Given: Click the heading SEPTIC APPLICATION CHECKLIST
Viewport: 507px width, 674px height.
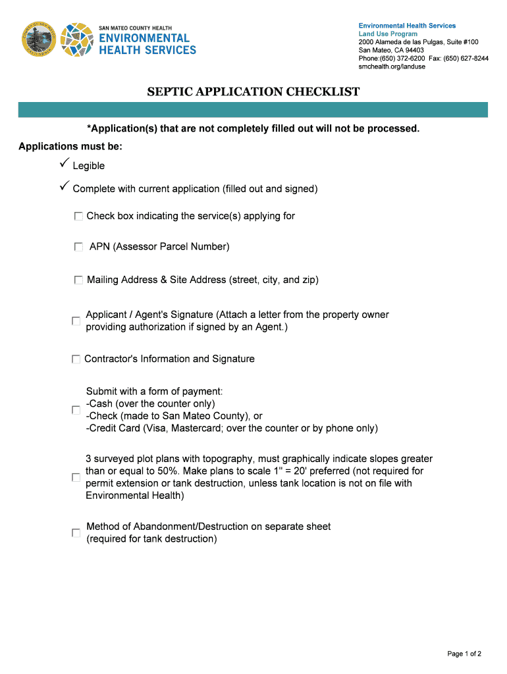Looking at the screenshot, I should click(254, 91).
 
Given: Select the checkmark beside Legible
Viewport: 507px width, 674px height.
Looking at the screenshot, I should click(64, 164).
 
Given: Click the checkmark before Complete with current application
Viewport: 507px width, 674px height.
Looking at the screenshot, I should click(64, 188).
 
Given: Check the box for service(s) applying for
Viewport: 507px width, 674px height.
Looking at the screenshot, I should click(79, 216).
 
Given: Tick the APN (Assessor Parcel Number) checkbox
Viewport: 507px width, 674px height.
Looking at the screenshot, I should click(79, 247).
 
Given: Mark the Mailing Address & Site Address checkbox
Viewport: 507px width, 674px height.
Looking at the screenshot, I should click(79, 280).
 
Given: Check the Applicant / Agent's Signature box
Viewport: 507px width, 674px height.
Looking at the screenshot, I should click(76, 321).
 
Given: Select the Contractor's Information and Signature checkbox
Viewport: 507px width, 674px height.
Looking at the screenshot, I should click(76, 359).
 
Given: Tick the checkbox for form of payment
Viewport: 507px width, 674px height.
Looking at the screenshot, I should click(76, 410).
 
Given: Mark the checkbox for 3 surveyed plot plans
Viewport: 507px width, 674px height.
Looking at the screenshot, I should click(76, 477).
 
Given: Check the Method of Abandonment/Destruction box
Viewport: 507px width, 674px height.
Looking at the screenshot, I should click(76, 533).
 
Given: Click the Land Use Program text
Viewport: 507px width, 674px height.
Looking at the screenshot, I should click(388, 34).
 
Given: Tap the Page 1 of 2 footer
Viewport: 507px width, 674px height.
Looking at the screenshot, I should click(464, 654).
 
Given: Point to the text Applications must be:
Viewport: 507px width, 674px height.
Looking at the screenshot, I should click(70, 145).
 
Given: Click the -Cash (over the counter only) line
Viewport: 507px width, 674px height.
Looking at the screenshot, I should click(151, 403).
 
